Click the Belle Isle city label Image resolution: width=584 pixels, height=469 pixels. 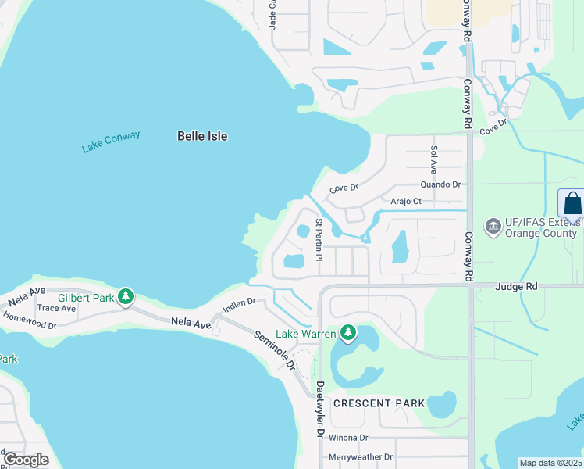point(202,136)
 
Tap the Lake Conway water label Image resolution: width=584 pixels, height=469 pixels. point(111,141)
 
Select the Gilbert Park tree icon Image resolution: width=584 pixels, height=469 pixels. point(125,296)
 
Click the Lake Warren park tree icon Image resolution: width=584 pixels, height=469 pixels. point(348,334)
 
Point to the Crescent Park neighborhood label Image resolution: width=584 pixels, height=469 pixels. point(379,403)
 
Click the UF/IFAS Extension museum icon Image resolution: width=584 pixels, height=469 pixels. point(493,227)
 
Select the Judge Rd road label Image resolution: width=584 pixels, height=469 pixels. point(515,286)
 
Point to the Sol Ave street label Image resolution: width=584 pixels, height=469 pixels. point(433,159)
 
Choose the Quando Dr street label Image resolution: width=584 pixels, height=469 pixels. point(440,184)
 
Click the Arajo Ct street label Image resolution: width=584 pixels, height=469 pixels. point(406,201)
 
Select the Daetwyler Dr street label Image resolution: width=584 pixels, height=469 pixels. point(320,409)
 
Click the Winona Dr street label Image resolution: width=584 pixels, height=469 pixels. point(347,438)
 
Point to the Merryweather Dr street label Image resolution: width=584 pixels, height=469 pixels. point(361,456)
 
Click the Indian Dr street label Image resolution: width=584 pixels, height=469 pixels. point(239,303)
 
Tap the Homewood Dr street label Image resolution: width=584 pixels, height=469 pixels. point(30,320)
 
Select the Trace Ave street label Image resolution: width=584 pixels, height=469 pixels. point(56,308)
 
